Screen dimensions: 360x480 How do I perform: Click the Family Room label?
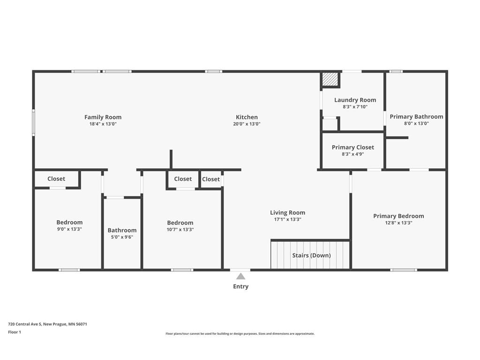click(x=103, y=117)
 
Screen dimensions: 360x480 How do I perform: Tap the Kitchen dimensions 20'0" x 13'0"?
click(x=247, y=124)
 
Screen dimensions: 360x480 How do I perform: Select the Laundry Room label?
click(x=355, y=100)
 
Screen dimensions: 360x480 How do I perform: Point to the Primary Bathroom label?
click(x=416, y=117)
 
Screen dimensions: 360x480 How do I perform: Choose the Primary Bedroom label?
click(x=398, y=216)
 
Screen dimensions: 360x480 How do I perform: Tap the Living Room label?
click(x=287, y=212)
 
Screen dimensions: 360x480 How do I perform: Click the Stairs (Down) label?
click(x=311, y=255)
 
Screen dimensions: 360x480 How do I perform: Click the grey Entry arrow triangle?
click(x=240, y=277)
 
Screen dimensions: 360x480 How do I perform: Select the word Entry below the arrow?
click(x=240, y=286)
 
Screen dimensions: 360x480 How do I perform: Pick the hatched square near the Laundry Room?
click(x=330, y=79)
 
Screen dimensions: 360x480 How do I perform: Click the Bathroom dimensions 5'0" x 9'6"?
click(x=122, y=237)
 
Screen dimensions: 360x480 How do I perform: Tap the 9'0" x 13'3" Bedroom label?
click(x=69, y=222)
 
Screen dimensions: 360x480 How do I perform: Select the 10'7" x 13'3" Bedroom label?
click(x=180, y=223)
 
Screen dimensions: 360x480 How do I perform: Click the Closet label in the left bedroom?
click(x=56, y=179)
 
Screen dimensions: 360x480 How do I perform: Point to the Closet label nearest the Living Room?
click(x=211, y=179)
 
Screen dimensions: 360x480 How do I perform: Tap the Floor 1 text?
click(x=15, y=332)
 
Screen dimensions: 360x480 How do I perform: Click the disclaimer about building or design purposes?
click(x=240, y=334)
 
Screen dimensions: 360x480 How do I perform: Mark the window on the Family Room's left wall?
click(x=33, y=122)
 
